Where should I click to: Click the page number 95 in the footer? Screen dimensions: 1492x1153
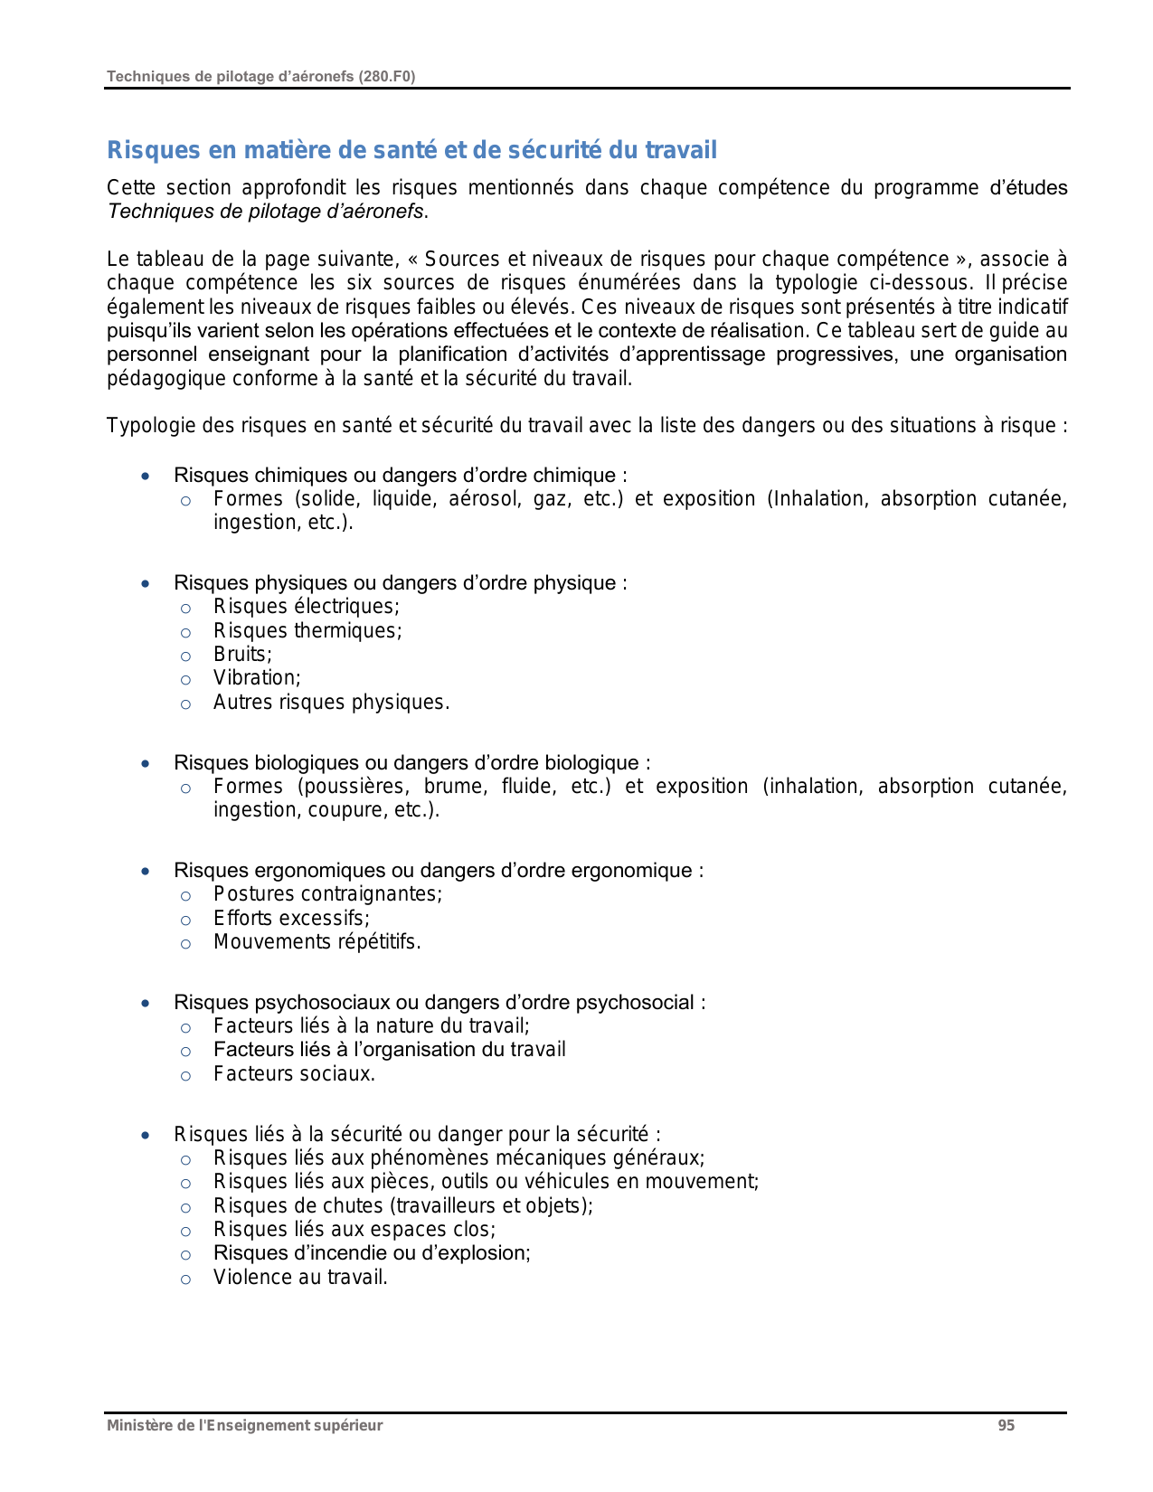pos(1006,1426)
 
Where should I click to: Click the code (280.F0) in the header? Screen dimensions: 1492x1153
pos(386,77)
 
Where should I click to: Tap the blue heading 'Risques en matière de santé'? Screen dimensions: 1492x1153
pos(411,150)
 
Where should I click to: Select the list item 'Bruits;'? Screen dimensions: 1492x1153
pos(242,655)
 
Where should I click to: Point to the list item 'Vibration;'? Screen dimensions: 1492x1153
pos(257,678)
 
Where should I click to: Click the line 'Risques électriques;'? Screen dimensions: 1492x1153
pos(306,607)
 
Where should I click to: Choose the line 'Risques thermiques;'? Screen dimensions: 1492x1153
pos(307,631)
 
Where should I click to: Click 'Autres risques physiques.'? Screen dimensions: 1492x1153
pos(331,703)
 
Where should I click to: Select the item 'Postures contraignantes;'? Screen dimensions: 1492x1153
pos(327,894)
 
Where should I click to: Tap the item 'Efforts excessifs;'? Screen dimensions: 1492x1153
pos(291,919)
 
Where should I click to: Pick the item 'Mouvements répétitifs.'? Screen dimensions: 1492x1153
pos(317,942)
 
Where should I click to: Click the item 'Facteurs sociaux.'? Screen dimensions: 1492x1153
pos(294,1074)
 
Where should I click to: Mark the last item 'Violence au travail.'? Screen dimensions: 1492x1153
pos(300,1278)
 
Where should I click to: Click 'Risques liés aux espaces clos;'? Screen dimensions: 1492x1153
pos(354,1230)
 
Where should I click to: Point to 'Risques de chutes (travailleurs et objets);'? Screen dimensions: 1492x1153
pos(402,1206)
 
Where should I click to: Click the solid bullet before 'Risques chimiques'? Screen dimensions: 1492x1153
pos(146,476)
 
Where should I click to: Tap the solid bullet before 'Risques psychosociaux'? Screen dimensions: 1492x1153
pos(146,1003)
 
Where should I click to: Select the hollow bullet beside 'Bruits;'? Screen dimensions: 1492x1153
pos(185,656)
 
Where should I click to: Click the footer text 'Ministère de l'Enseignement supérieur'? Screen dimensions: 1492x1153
pos(244,1426)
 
